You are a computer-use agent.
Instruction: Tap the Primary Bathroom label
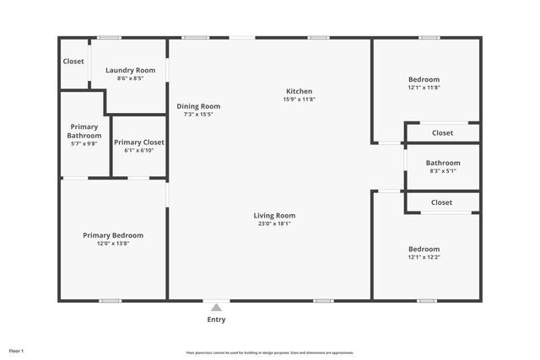coord(84,131)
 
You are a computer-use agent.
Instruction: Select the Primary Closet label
coord(139,142)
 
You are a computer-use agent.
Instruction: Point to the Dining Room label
coord(198,106)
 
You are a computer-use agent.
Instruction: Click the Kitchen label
coord(299,91)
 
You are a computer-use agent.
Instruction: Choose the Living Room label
coord(274,215)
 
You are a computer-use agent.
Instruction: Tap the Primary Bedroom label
coord(112,235)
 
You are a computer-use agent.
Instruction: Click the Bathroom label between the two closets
coord(442,163)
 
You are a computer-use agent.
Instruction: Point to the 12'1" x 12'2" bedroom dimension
coord(424,257)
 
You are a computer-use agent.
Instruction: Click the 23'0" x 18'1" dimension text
coord(274,223)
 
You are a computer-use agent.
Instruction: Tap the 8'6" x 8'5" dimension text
coord(130,78)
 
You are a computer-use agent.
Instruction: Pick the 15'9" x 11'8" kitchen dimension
coord(299,99)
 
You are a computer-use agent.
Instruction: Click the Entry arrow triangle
coord(216,308)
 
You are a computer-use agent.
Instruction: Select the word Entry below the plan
coord(216,320)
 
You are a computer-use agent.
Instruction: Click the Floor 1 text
coord(17,350)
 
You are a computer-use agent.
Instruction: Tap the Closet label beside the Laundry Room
coord(73,61)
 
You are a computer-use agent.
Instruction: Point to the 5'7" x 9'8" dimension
coord(84,143)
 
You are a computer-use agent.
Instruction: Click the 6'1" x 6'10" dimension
coord(139,150)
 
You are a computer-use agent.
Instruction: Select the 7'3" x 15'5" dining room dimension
coord(198,115)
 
